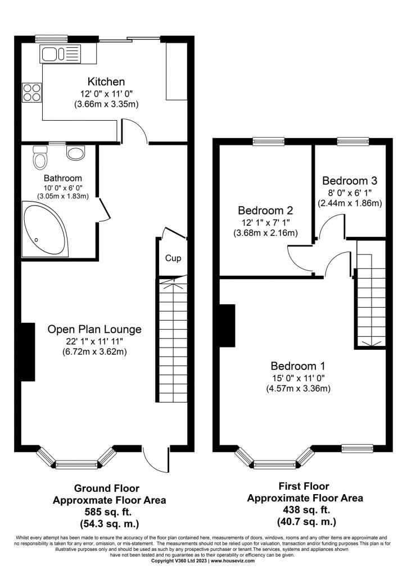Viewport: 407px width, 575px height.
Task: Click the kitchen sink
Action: click(x=60, y=54)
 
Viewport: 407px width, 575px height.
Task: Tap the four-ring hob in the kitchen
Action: click(x=31, y=93)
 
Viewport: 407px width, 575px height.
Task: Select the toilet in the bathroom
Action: click(x=40, y=157)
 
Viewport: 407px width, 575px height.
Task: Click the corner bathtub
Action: click(x=46, y=229)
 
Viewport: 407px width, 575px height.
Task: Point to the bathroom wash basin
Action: click(x=76, y=153)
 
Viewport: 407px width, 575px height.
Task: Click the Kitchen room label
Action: click(x=106, y=81)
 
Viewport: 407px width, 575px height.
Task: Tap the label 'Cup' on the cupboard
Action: click(x=173, y=258)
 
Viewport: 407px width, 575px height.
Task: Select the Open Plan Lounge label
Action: click(x=94, y=329)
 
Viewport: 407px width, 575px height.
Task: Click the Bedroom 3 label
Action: click(x=350, y=180)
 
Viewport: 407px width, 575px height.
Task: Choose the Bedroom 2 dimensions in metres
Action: click(x=265, y=232)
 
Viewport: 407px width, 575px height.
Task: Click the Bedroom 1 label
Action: click(x=298, y=366)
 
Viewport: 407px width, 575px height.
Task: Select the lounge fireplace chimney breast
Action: click(x=28, y=352)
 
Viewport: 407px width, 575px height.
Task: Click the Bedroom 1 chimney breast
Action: click(x=227, y=325)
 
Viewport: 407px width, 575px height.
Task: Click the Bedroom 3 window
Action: click(x=353, y=141)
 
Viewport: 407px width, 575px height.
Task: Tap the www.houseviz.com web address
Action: click(x=233, y=561)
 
